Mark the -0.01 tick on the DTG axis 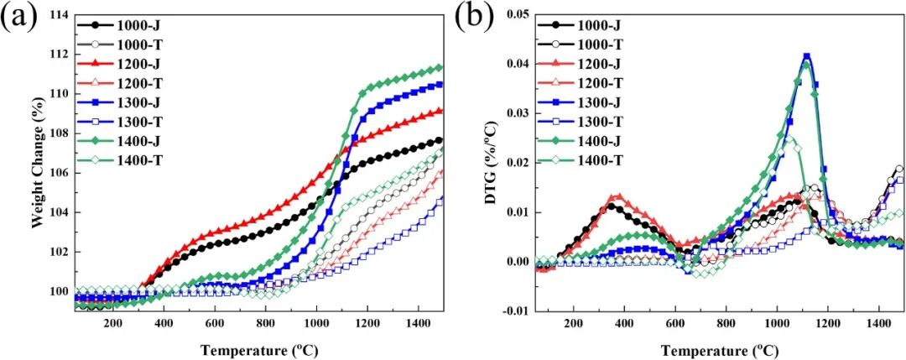coord(518,310)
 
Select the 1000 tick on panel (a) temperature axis coord(316,323)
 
